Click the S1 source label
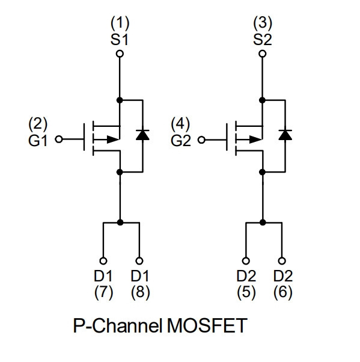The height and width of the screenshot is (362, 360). [120, 40]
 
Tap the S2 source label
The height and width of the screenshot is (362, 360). [263, 40]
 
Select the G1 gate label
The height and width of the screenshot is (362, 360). [38, 140]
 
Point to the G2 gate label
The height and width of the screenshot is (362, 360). [181, 140]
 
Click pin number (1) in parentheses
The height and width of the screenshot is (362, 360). [120, 23]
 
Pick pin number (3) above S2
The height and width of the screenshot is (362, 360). [263, 23]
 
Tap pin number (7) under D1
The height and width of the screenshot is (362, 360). [103, 292]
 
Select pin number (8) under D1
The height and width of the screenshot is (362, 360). [140, 292]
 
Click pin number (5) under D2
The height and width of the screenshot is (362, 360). [246, 292]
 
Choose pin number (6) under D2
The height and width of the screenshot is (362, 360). [283, 292]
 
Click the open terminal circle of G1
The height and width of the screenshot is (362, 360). [59, 140]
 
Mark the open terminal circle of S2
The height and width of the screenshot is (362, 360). [262, 54]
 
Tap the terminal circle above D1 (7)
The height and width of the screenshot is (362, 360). [103, 261]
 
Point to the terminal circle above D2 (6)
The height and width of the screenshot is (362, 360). [282, 261]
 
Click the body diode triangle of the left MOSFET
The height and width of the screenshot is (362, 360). [142, 135]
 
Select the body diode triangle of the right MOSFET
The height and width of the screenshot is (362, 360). [285, 135]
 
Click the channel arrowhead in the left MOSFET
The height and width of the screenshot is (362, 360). [113, 140]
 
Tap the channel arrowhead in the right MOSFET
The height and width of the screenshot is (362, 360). [255, 140]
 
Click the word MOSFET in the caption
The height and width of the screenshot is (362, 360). [207, 325]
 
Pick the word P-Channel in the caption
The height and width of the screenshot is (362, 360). [117, 325]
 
